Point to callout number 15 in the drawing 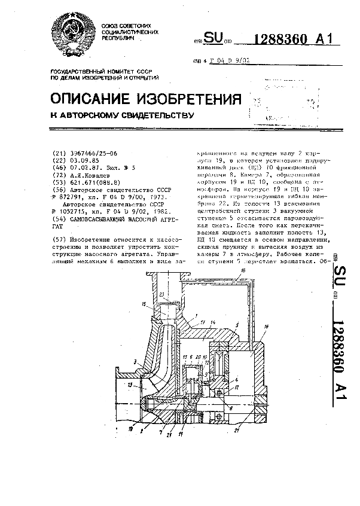[143, 305]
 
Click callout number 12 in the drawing [238, 389]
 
